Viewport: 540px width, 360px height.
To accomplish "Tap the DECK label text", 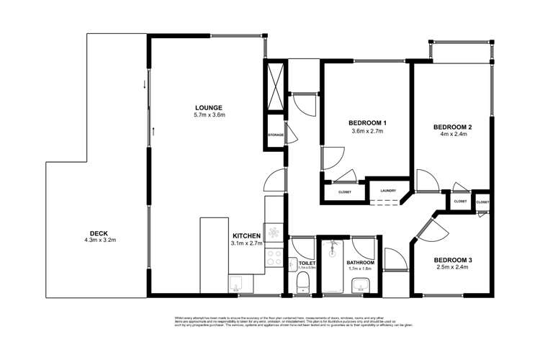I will pyautogui.click(x=98, y=233).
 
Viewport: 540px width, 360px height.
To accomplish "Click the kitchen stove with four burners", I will pyautogui.click(x=274, y=232).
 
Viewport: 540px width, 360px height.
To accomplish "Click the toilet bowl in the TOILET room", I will pyautogui.click(x=303, y=280).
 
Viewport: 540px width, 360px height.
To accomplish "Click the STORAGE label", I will pyautogui.click(x=275, y=135).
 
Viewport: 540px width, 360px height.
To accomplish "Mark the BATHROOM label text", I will pyautogui.click(x=360, y=263).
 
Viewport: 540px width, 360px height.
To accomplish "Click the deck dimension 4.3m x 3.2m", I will pyautogui.click(x=98, y=240).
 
